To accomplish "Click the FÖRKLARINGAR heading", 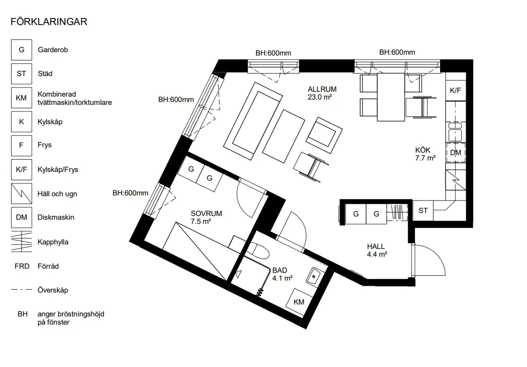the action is tap(49, 22).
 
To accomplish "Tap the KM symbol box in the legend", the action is tap(22, 98).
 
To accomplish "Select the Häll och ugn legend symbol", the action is tap(22, 194).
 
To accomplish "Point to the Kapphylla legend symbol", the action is tap(22, 242).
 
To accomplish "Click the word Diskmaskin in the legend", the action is tap(56, 217).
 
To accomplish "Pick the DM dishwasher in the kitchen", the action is tap(456, 153).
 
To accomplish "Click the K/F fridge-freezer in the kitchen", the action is tap(455, 90).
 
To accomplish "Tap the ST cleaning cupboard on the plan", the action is tap(423, 210).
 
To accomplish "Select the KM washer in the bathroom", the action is tap(299, 302).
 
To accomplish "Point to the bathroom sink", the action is tap(313, 276).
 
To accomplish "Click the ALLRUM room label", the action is tap(322, 90).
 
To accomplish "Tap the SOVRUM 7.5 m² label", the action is tap(206, 217).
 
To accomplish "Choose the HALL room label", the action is tap(376, 246).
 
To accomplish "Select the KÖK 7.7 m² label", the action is tap(425, 154).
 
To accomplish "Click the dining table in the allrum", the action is tap(391, 97).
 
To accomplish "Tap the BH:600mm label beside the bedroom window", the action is tap(130, 193).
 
